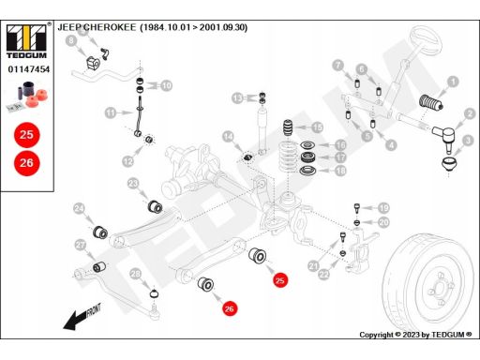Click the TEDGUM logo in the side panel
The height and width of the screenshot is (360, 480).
coord(26,41)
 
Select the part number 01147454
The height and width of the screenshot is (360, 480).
coord(29,69)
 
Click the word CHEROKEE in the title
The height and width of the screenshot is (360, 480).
coord(110,27)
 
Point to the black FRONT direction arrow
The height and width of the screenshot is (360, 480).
coord(82,317)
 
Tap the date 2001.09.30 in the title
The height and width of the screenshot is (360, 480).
coord(223,27)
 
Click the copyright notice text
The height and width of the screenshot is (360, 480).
coord(415,335)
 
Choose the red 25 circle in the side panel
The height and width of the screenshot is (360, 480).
coord(27,135)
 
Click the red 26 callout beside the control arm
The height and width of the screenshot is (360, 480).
coord(230,309)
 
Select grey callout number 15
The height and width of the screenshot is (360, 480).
coord(317,127)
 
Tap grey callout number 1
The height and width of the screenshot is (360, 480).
coord(453,82)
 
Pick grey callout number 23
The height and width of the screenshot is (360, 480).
coord(133,184)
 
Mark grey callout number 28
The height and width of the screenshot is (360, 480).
coord(136,275)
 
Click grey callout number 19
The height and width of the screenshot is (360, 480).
coord(383,208)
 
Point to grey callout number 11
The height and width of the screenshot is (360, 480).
coord(111,112)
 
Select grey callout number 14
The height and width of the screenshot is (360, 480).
coord(228,137)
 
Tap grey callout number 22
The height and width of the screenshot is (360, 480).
coord(324,275)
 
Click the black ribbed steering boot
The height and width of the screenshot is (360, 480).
coord(430,102)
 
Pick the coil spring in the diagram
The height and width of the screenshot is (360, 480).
coord(288,157)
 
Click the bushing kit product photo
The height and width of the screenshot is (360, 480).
coord(27,96)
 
